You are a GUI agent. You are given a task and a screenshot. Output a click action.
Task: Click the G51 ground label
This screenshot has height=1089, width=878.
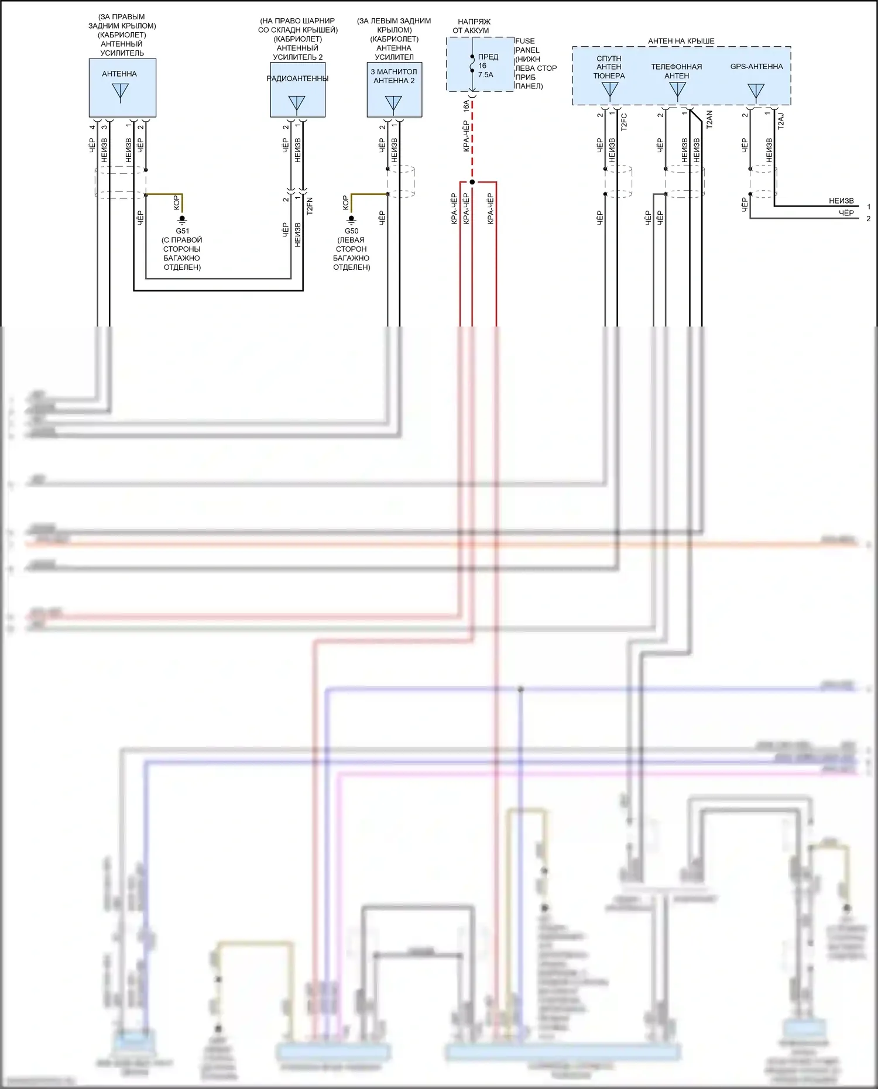(x=182, y=231)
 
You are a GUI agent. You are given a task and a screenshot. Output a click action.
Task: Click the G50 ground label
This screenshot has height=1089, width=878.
(x=351, y=231)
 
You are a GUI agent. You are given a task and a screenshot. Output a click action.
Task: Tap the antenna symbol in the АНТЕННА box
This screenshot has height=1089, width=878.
(x=120, y=92)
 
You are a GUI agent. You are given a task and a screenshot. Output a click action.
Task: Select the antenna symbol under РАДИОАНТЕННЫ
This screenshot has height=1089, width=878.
(x=297, y=104)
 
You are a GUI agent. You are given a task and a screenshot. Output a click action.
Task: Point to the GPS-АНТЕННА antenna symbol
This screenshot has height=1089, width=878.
(x=756, y=91)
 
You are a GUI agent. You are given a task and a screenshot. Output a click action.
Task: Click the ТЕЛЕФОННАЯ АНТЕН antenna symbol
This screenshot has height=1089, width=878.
(x=677, y=90)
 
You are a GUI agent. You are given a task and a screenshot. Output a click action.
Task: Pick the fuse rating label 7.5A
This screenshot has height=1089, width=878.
(x=485, y=75)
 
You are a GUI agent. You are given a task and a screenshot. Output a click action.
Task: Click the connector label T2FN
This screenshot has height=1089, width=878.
(x=310, y=206)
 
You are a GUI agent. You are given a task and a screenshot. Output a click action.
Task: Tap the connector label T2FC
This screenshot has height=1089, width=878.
(x=624, y=121)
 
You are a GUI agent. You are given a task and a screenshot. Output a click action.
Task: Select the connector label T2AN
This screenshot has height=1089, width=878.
(x=709, y=119)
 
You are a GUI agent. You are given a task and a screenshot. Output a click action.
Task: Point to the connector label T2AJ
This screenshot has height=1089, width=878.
(x=781, y=121)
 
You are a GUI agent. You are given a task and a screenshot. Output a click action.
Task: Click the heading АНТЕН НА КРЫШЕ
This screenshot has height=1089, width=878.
(x=681, y=41)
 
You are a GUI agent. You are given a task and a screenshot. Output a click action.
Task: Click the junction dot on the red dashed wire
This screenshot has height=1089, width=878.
(x=472, y=182)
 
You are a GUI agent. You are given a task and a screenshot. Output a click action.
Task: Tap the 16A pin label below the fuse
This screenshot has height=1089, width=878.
(x=466, y=106)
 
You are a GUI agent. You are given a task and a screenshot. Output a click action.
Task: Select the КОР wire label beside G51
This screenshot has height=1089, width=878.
(x=176, y=202)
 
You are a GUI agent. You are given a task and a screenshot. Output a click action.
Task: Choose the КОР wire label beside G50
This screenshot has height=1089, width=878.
(x=345, y=202)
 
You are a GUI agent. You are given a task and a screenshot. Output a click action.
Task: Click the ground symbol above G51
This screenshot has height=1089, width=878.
(x=182, y=219)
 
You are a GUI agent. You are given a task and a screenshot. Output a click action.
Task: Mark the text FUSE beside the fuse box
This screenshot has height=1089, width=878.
(x=525, y=41)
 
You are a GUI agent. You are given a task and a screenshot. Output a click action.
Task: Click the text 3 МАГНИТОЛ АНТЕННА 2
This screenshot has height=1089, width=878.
(x=394, y=76)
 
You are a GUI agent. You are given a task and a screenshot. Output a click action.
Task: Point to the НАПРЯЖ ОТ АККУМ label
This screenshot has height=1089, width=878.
(x=472, y=26)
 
